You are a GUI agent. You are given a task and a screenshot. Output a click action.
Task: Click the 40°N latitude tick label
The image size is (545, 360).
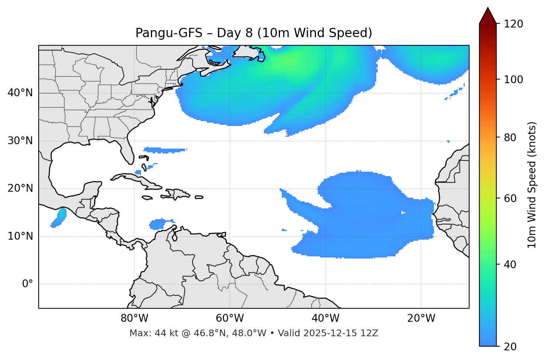coord(20,93)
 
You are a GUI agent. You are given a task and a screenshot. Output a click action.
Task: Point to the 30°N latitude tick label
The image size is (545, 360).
coord(20,141)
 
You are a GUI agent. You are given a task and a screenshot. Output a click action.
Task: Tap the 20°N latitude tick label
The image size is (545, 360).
coord(20,188)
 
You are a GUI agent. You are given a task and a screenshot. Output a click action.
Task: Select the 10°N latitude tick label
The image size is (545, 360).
coord(20,236)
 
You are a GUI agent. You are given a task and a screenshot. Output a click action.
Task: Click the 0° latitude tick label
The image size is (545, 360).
coord(28,284)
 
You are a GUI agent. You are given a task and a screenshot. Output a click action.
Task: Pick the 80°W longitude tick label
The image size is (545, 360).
coord(134,318)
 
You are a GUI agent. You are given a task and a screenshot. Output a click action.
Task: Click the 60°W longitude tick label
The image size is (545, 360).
coord(230,318)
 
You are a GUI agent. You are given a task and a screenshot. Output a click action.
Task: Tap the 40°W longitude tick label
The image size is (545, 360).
coord(325,318)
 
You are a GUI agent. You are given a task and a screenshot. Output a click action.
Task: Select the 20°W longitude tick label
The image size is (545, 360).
coord(421,318)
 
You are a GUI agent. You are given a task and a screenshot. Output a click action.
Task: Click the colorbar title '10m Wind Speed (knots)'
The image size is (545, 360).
coord(532,185)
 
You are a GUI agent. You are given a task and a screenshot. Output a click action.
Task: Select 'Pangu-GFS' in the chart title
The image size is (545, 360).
coord(169,33)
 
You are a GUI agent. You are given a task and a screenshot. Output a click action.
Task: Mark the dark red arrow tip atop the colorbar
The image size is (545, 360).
coord(488,14)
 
